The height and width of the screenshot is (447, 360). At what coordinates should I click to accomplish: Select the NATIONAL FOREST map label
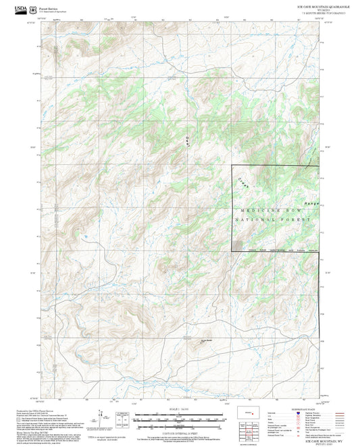pyautogui.click(x=274, y=220)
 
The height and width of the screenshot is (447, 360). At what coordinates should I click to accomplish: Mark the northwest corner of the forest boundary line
pyautogui.click(x=233, y=166)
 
